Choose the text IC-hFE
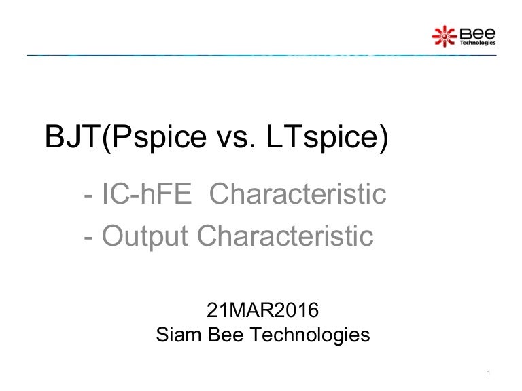pyautogui.click(x=147, y=195)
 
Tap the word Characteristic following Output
pyautogui.click(x=285, y=236)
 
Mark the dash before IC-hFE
pyautogui.click(x=88, y=197)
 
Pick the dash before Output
pyautogui.click(x=88, y=237)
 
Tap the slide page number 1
pyautogui.click(x=489, y=372)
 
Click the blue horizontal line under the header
pyautogui.click(x=261, y=55)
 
